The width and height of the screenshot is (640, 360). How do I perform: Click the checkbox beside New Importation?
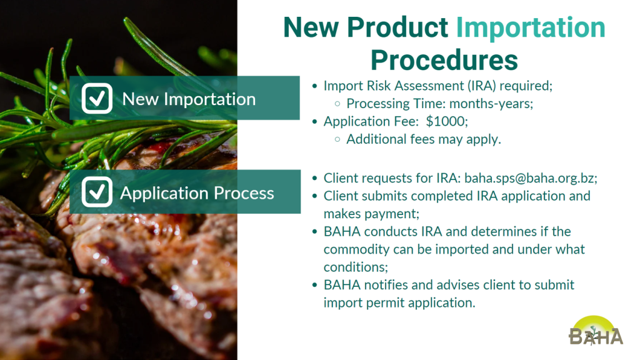97,98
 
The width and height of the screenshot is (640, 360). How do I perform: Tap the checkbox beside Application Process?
97,192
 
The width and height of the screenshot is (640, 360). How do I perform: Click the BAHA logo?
596,331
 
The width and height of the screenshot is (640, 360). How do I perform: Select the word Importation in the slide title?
530,27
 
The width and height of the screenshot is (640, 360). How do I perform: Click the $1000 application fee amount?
446,121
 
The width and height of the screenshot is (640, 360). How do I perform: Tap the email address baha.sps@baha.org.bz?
531,178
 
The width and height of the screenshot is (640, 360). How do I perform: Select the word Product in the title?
397,27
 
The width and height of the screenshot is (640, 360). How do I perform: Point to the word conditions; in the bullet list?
356,267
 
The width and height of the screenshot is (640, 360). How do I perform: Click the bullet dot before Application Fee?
314,121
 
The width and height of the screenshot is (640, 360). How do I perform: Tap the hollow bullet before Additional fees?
337,139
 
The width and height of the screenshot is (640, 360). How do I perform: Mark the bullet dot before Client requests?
314,178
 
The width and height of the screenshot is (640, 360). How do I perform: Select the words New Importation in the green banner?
189,99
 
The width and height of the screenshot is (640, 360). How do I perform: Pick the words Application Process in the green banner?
197,193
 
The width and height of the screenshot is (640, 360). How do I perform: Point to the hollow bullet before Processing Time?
337,104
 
